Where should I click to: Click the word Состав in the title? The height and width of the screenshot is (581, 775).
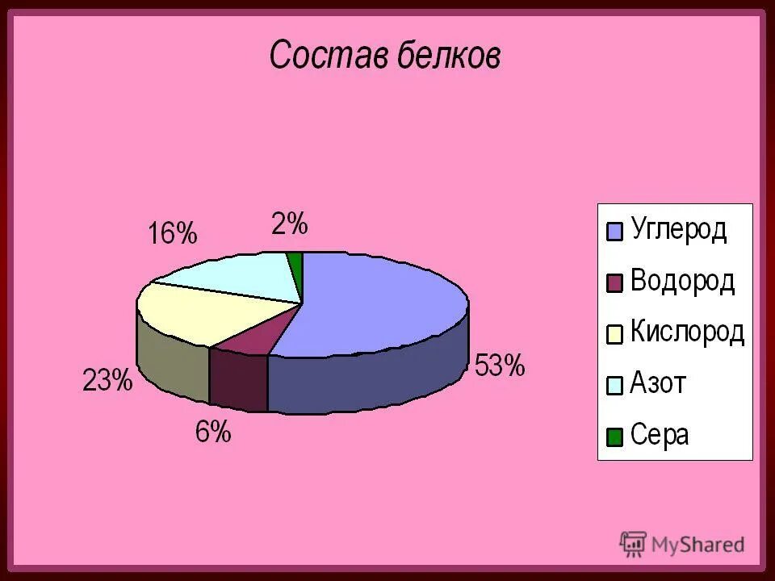[x=329, y=56]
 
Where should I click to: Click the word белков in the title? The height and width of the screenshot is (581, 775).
[x=449, y=56]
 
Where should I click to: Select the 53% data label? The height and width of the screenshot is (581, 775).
[x=500, y=366]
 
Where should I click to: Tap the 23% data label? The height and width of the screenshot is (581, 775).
[x=107, y=380]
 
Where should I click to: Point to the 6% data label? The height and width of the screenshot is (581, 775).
[x=213, y=433]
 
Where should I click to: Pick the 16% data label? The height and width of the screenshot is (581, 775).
[x=172, y=234]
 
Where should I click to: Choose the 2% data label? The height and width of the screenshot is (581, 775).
[x=289, y=224]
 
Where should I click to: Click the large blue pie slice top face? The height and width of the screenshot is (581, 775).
[x=379, y=303]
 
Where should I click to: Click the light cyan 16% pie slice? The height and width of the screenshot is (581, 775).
[x=234, y=274]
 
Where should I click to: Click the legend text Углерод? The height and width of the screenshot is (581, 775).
[x=678, y=230]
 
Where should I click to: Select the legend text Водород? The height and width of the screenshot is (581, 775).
[x=682, y=281]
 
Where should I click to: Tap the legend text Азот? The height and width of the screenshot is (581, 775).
[x=658, y=383]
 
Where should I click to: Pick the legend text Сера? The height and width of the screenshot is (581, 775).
[x=660, y=435]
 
